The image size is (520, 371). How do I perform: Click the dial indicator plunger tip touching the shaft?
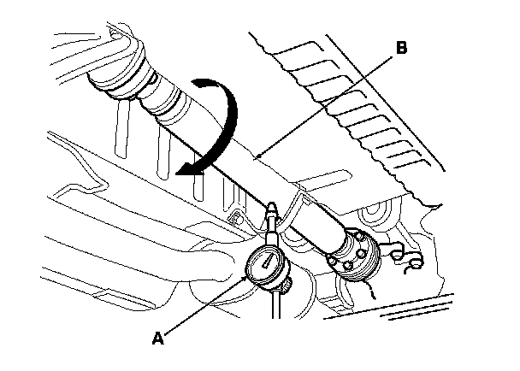(273, 208)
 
